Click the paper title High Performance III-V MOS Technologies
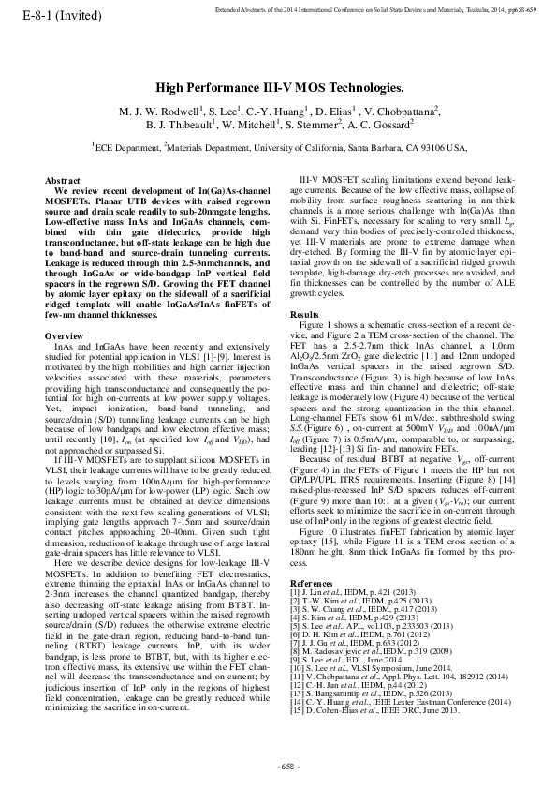click(x=278, y=86)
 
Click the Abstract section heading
click(x=62, y=179)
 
